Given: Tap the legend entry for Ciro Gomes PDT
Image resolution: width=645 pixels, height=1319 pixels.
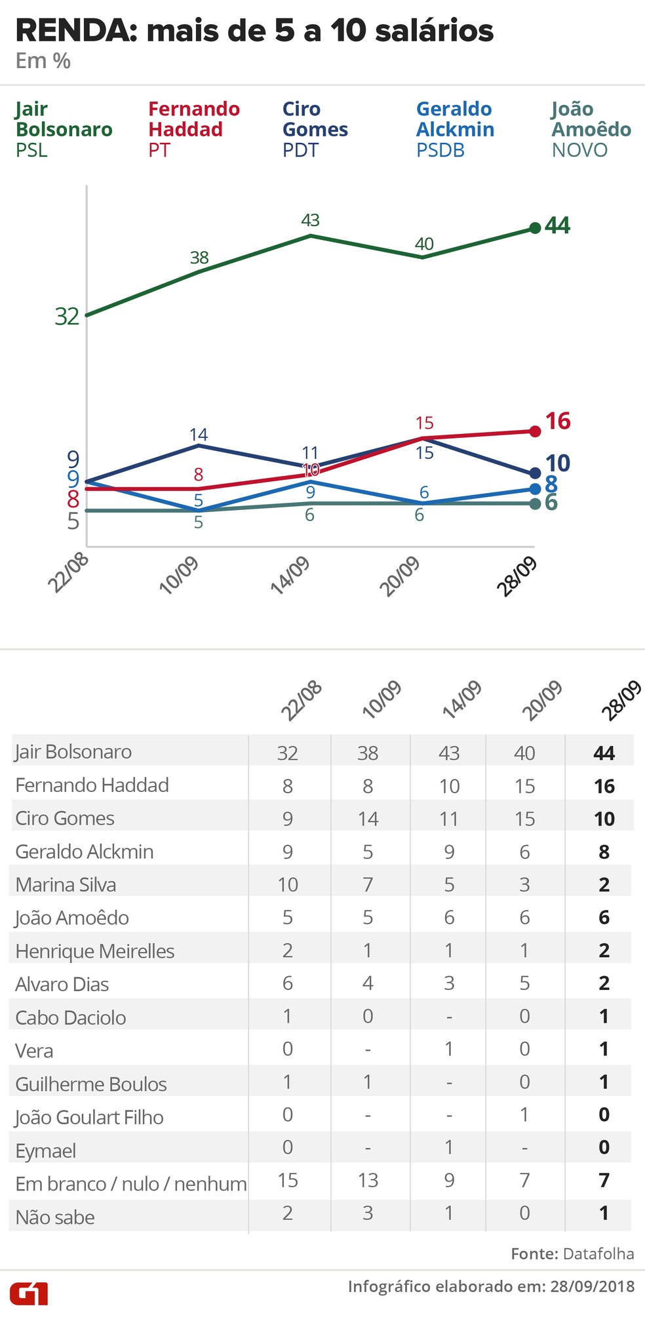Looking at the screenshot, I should [315, 129].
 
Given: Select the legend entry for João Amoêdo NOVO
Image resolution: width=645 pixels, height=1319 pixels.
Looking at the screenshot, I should [591, 129].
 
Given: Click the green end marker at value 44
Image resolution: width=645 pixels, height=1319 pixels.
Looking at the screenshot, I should [535, 227].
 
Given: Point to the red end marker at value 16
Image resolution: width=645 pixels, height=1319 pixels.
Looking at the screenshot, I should [535, 431].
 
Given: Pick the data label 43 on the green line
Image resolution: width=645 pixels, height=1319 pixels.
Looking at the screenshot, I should [310, 220].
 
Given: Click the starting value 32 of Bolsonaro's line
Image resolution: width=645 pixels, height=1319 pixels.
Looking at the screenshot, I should [67, 317].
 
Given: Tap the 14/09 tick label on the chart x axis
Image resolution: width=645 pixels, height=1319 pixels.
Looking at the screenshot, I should [290, 576].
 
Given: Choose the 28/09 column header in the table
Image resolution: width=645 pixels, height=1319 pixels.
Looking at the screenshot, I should [621, 701].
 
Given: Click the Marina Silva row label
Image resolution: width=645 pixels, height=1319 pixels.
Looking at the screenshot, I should [66, 884].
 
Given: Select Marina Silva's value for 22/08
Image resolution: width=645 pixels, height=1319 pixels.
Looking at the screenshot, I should [288, 884].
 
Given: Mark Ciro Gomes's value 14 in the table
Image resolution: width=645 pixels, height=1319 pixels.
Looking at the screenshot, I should [368, 819].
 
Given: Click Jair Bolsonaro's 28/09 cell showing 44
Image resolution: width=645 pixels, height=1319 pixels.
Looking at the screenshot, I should [604, 753].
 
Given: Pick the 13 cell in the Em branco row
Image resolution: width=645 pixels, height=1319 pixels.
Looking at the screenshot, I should [368, 1180].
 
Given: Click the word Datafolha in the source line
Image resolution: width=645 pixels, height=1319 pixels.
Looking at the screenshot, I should [598, 1253].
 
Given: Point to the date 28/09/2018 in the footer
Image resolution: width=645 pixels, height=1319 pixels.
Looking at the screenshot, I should [593, 1286].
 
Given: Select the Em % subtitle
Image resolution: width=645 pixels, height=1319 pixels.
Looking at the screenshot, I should [43, 61].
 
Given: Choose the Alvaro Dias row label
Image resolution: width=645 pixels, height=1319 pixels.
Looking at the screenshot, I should [62, 984].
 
